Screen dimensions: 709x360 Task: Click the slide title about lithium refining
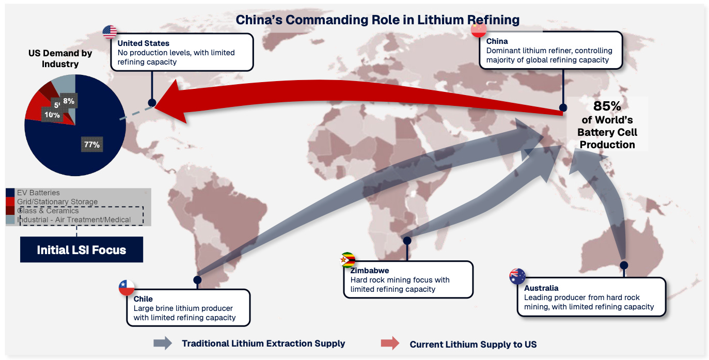[x=377, y=20]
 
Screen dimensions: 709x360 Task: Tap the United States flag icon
[x=110, y=32]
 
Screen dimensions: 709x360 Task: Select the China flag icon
[x=479, y=30]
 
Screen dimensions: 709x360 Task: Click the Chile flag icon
[x=127, y=288]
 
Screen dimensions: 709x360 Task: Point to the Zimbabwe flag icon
[x=348, y=260]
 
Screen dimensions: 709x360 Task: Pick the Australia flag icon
[x=517, y=277]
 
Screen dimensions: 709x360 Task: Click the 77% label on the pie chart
[x=91, y=145]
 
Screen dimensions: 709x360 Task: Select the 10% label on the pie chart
[x=51, y=115]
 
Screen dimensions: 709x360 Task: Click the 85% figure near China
[x=607, y=106]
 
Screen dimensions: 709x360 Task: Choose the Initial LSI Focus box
[x=82, y=250]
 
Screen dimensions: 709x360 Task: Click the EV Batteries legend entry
[x=38, y=193]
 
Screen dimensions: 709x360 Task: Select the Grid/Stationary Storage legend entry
[x=57, y=201]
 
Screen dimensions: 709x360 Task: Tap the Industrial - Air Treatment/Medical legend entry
[x=74, y=220]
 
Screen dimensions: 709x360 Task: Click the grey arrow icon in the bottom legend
[x=163, y=343]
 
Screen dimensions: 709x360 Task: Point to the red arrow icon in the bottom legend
[x=390, y=343]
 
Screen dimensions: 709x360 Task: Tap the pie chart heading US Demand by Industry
[x=60, y=59]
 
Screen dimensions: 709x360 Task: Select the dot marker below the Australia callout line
[x=624, y=265]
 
